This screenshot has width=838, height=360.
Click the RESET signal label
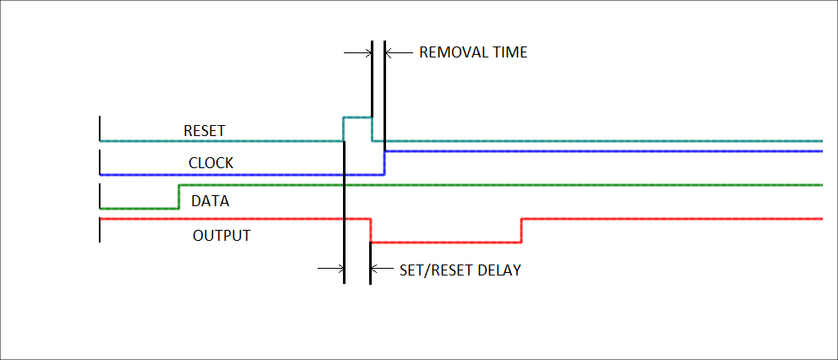pyautogui.click(x=204, y=131)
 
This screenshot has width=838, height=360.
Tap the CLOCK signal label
pyautogui.click(x=210, y=162)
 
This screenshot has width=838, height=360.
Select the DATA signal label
pyautogui.click(x=210, y=202)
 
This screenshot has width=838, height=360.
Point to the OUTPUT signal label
pyautogui.click(x=221, y=235)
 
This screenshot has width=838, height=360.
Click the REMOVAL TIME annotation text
pyautogui.click(x=473, y=52)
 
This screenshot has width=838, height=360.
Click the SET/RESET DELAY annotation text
pyautogui.click(x=460, y=271)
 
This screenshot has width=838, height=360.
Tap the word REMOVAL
pyautogui.click(x=454, y=52)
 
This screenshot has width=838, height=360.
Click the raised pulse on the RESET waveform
pyautogui.click(x=357, y=118)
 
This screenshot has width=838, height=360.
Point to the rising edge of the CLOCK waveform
pyautogui.click(x=384, y=162)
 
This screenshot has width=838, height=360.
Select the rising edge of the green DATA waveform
pyautogui.click(x=179, y=195)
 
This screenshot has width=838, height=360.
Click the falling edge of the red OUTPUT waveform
pyautogui.click(x=371, y=230)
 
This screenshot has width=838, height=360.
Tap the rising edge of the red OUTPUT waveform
pyautogui.click(x=521, y=230)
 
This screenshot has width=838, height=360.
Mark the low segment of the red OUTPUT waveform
pyautogui.click(x=446, y=242)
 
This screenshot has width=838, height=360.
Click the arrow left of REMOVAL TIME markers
pyautogui.click(x=358, y=52)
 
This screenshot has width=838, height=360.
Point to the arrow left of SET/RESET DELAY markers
pyautogui.click(x=331, y=270)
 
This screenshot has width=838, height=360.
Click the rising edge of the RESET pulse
pyautogui.click(x=343, y=129)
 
